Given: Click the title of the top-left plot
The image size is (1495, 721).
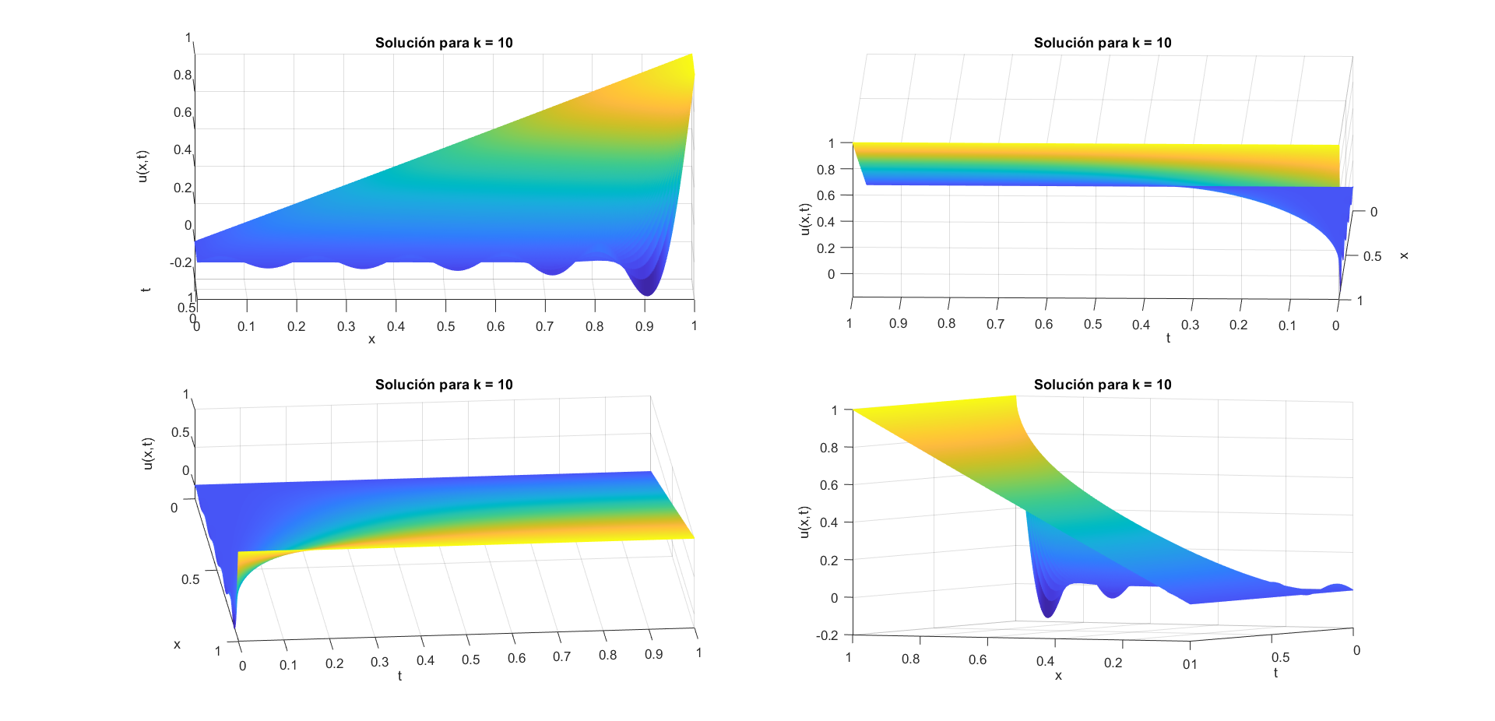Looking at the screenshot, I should point(444,43).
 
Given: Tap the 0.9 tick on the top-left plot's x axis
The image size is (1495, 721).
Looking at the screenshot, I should point(644,326).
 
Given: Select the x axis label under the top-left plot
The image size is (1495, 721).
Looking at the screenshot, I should point(371,339).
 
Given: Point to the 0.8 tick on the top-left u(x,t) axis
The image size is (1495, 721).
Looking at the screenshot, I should point(182,76).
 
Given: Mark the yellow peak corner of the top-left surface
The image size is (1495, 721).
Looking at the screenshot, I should point(691,56).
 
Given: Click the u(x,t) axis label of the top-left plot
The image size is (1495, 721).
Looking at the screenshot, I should point(142,166).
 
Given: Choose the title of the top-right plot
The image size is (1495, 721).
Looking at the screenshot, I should point(1103,43).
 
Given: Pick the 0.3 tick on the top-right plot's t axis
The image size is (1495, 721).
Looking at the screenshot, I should point(1190,325).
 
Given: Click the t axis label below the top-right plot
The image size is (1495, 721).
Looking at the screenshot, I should point(1168,338).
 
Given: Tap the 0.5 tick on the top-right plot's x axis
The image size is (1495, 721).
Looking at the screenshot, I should point(1372,256).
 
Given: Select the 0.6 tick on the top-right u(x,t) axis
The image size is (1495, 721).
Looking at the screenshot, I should point(825,195).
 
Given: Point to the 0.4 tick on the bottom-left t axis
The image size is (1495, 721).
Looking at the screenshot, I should point(425,661).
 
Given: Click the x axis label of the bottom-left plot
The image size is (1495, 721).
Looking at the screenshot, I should point(177,645).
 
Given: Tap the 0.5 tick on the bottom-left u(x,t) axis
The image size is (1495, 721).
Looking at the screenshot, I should point(180,433).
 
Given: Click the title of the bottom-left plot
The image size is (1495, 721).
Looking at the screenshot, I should point(444,385).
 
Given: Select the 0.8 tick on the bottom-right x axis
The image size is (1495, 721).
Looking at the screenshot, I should point(910,659).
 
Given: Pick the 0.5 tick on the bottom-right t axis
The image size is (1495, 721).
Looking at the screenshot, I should point(1280,658).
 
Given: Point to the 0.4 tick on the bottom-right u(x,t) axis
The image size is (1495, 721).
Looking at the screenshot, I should point(828,522).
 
